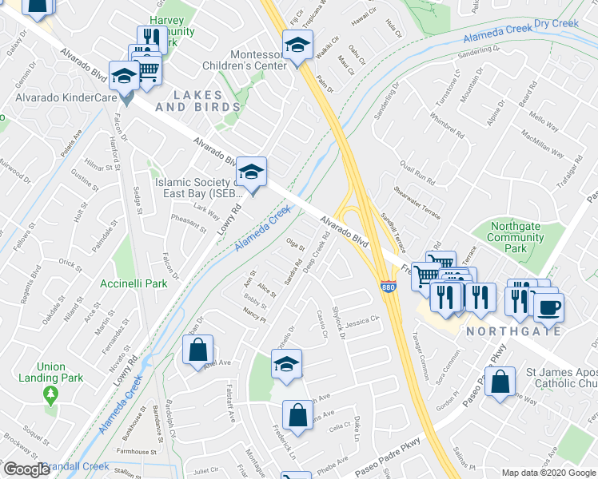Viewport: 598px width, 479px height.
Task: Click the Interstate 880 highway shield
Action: (389, 287)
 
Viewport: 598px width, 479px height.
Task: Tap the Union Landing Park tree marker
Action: (51, 394)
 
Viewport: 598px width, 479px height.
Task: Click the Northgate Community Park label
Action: (516, 237)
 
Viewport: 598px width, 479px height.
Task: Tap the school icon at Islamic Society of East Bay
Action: (251, 172)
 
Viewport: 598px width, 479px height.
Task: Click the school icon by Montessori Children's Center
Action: (297, 45)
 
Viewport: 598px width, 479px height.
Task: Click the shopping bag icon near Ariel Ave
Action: (197, 350)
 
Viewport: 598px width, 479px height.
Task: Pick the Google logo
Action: (26, 469)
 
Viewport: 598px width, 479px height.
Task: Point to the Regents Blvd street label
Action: (35, 286)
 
